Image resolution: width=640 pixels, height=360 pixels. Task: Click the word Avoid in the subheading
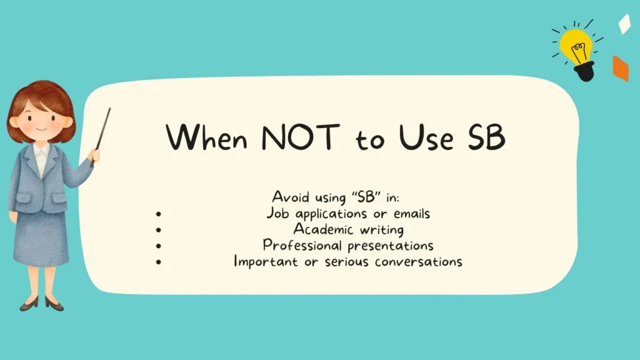click(290, 197)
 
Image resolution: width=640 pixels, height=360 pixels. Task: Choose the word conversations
click(419, 261)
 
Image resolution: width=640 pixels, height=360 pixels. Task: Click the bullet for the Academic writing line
click(159, 230)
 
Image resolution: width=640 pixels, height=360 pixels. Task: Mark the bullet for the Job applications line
click(159, 214)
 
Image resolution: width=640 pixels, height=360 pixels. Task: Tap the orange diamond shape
click(620, 68)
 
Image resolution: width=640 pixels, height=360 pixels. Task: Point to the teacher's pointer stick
click(101, 134)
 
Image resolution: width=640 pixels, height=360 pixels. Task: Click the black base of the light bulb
click(584, 71)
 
